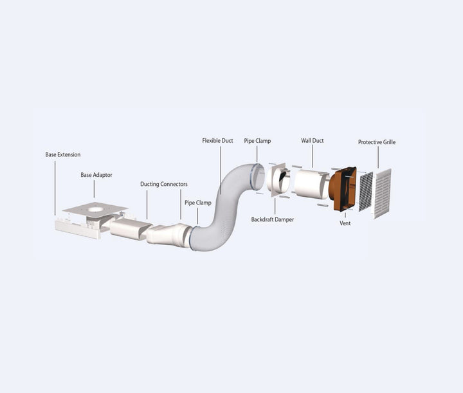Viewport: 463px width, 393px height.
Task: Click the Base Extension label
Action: pyautogui.click(x=62, y=155)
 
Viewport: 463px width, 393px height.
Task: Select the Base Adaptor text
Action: pyautogui.click(x=95, y=175)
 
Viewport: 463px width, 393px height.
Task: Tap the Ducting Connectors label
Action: pyautogui.click(x=164, y=185)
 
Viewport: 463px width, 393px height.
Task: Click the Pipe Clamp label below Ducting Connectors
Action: pyautogui.click(x=198, y=203)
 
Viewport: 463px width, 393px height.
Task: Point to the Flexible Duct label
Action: pyautogui.click(x=217, y=140)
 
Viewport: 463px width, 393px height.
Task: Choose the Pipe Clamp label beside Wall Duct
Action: pyautogui.click(x=258, y=140)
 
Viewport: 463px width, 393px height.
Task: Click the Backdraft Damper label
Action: pyautogui.click(x=273, y=219)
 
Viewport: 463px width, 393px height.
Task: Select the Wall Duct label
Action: pyautogui.click(x=313, y=140)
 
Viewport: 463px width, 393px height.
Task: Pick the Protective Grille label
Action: pyautogui.click(x=377, y=142)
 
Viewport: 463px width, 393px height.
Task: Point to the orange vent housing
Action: pyautogui.click(x=344, y=190)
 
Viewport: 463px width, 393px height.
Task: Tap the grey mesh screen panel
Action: pyautogui.click(x=365, y=191)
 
